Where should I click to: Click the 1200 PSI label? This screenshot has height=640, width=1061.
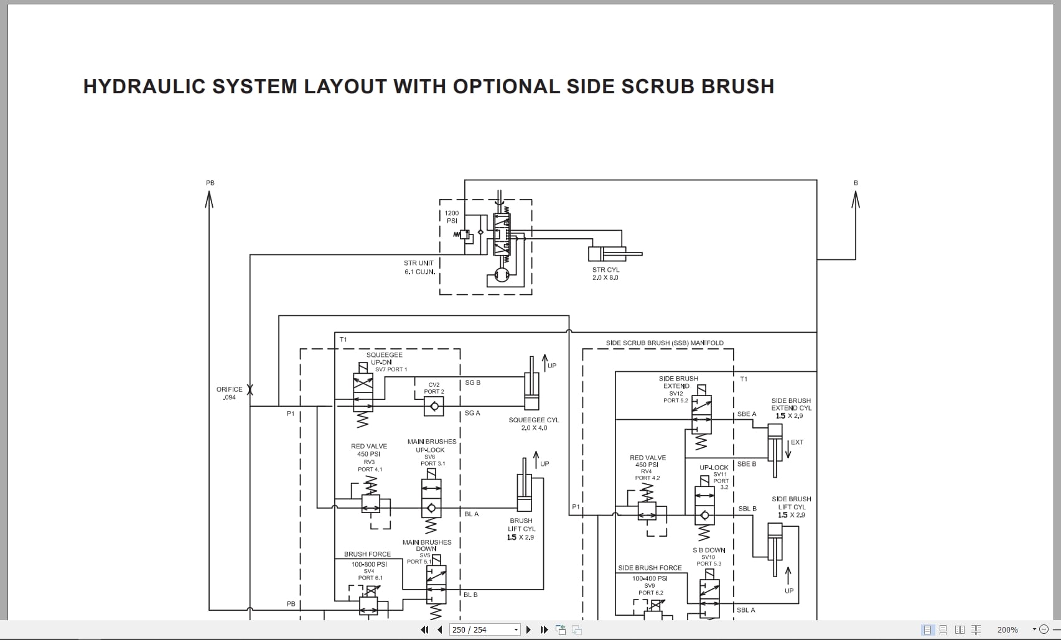(x=452, y=217)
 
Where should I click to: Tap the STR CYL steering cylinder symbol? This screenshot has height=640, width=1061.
(x=615, y=254)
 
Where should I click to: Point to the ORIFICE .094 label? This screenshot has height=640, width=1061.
(x=229, y=393)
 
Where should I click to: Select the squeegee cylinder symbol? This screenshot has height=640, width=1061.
(x=531, y=383)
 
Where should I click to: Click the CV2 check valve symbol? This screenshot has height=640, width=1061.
(x=434, y=406)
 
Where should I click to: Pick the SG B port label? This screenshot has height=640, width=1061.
(x=473, y=383)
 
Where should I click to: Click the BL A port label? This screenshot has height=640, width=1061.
(x=471, y=514)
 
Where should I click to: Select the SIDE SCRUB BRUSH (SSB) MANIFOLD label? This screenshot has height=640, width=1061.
(x=665, y=343)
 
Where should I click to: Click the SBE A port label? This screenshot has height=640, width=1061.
(x=747, y=414)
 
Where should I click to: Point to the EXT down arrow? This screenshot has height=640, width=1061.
(x=788, y=449)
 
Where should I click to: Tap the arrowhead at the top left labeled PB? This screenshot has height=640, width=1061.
(x=209, y=199)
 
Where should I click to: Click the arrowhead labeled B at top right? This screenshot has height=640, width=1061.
(x=856, y=199)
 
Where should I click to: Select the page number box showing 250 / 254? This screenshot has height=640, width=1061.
(x=485, y=629)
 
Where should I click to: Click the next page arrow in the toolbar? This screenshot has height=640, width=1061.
(x=528, y=629)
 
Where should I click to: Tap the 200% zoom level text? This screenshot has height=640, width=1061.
(x=1007, y=629)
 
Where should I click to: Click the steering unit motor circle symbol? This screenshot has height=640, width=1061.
(x=502, y=274)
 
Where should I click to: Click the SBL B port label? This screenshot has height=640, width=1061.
(x=747, y=509)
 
